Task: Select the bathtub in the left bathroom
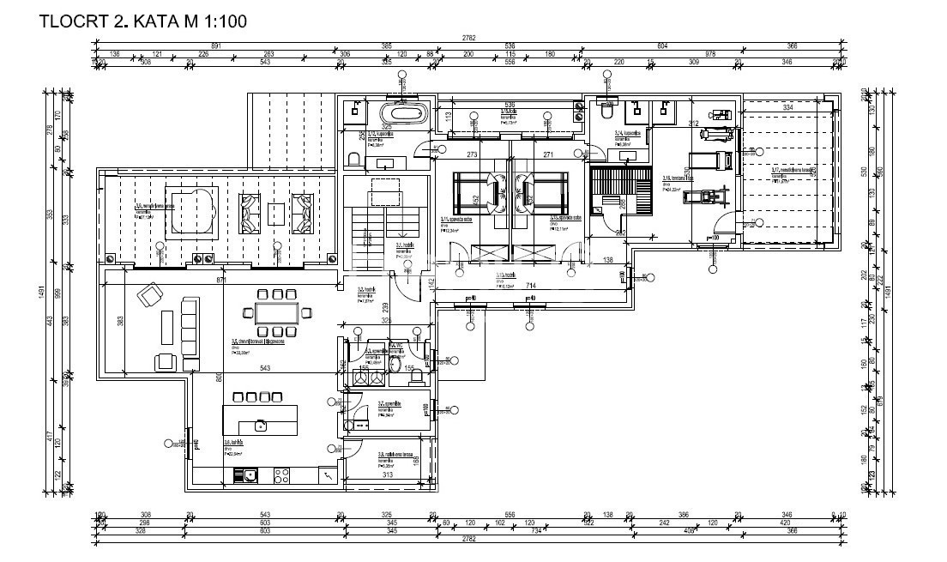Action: pos(401,112)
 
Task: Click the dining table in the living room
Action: pos(275,312)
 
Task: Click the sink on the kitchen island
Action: pos(260,424)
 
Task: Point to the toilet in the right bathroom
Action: pos(606,112)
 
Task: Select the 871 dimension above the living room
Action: pos(221,281)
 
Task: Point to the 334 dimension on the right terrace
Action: pos(787,108)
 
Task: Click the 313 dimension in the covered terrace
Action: pos(387,474)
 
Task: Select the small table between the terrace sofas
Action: pos(274,211)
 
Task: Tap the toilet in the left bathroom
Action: pos(353,159)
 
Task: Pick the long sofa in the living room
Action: pos(189,328)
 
